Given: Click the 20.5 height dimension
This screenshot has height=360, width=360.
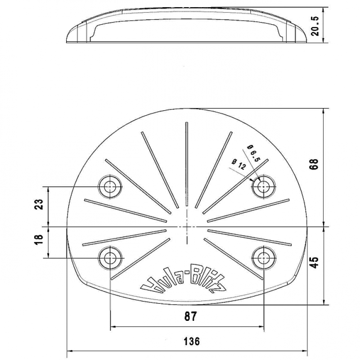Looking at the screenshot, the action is [315, 26].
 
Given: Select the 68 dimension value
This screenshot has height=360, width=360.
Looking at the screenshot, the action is [315, 164].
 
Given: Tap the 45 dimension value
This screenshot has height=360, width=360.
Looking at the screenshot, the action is [315, 262].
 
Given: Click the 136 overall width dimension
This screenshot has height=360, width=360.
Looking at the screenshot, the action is [192, 342].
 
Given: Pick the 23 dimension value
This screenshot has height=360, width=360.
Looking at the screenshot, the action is [39, 204].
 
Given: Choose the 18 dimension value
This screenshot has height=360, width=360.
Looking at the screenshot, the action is [39, 240].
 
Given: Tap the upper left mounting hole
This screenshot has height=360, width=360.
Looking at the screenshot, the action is [110, 186].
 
